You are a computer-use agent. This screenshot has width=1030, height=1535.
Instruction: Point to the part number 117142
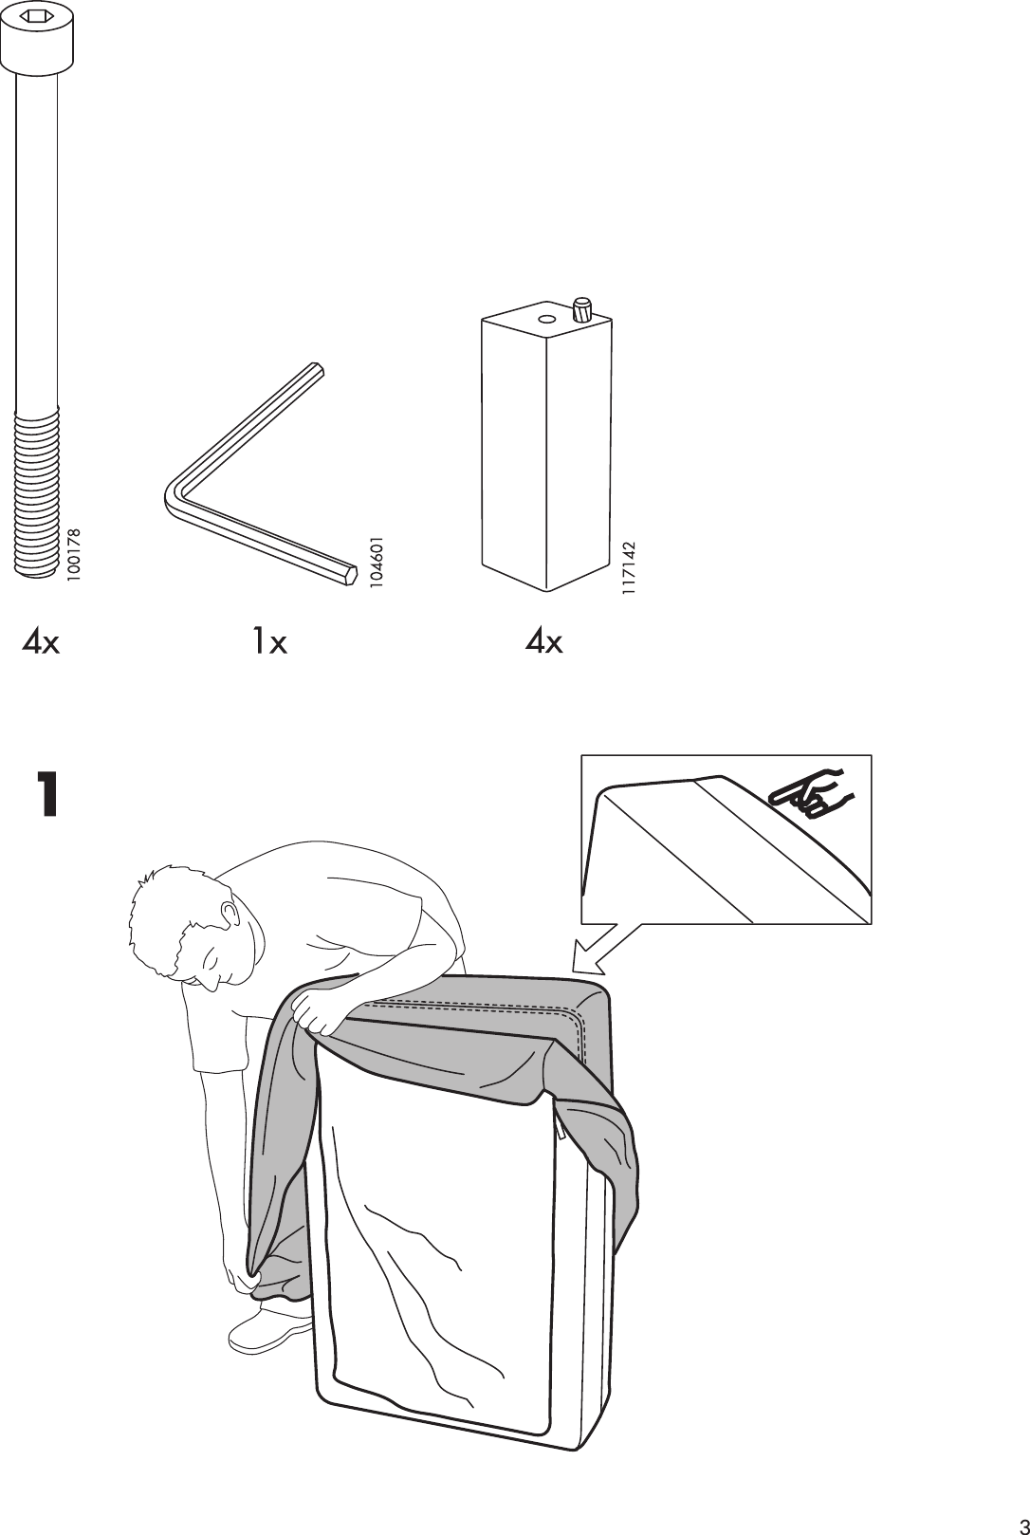click(x=628, y=569)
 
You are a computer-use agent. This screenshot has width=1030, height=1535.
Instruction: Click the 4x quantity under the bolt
click(x=42, y=643)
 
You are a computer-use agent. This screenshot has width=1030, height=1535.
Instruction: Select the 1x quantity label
click(x=268, y=643)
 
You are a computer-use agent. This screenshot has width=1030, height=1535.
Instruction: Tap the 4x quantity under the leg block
click(x=544, y=643)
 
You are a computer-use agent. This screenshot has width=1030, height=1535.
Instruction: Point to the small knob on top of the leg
click(x=581, y=307)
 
